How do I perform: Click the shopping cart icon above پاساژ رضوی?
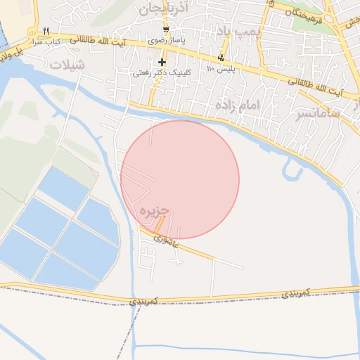[166, 30]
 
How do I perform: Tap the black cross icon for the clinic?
[162, 63]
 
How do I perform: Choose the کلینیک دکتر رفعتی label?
[160, 72]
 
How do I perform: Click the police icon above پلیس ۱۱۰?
[223, 58]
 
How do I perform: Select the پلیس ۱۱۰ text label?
[222, 69]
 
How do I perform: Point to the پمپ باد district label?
[238, 32]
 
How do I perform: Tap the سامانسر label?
[319, 112]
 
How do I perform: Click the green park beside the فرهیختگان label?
[303, 25]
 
